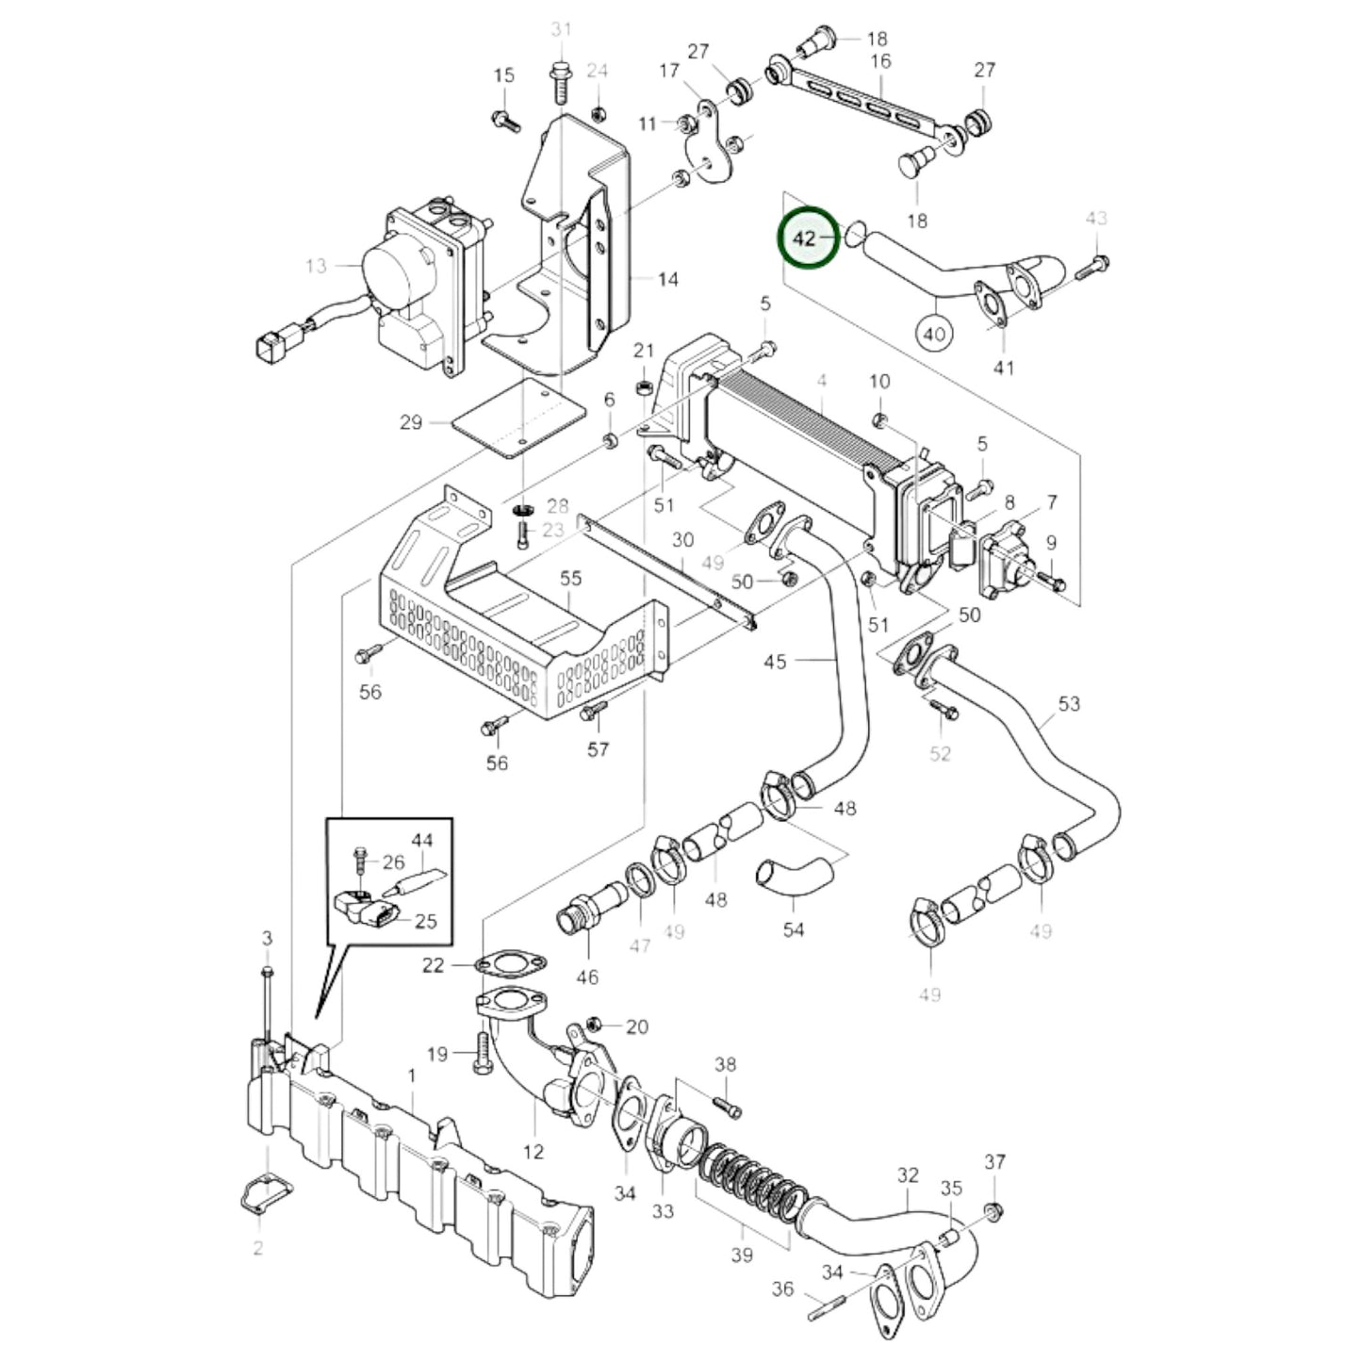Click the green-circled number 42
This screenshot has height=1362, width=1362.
pyautogui.click(x=805, y=238)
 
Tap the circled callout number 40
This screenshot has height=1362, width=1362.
pyautogui.click(x=934, y=333)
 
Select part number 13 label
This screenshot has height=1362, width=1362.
pyautogui.click(x=315, y=266)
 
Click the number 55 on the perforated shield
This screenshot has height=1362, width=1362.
pyautogui.click(x=571, y=579)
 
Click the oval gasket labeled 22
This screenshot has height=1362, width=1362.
pyautogui.click(x=510, y=965)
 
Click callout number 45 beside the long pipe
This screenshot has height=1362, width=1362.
pyautogui.click(x=775, y=662)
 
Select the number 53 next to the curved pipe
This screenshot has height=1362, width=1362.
pyautogui.click(x=1069, y=703)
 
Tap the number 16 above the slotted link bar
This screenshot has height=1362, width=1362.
pyautogui.click(x=880, y=62)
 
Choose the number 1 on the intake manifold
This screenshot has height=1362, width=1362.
pyautogui.click(x=411, y=1075)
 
